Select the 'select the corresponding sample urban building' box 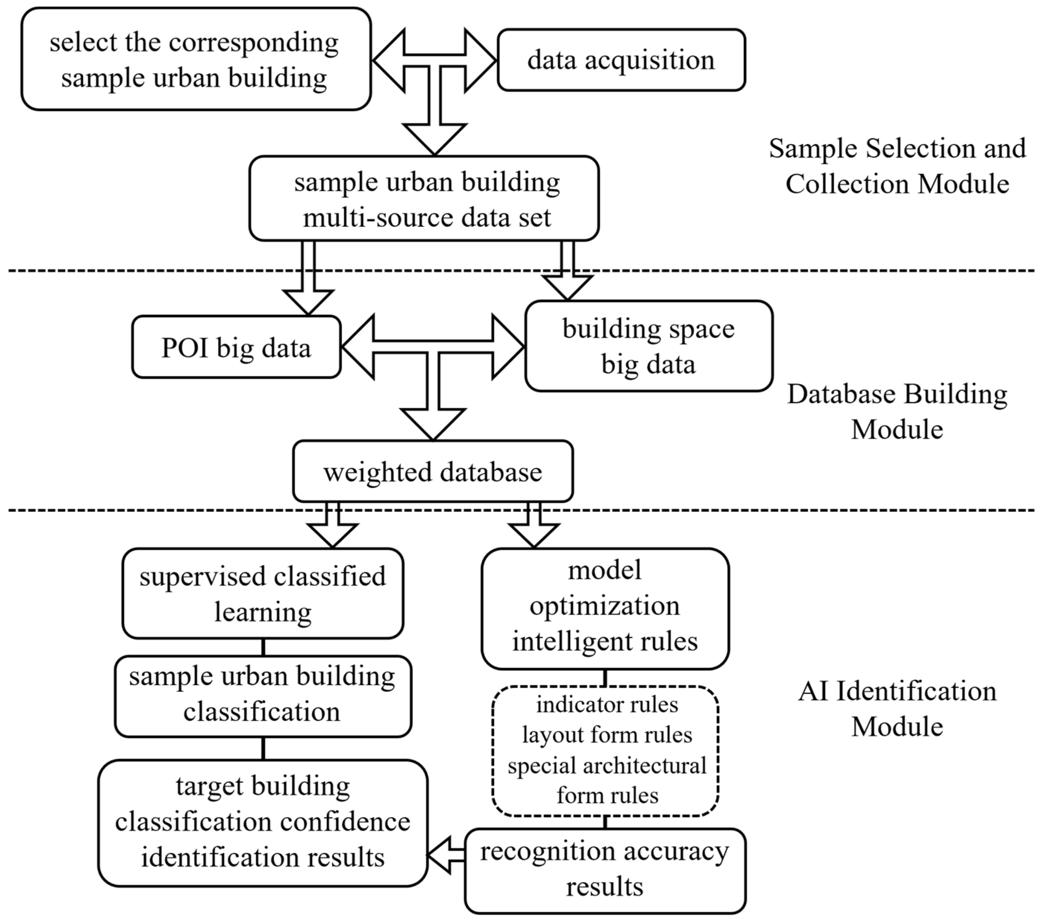coord(196,59)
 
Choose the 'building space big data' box coord(649,346)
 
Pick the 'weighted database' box coord(433,471)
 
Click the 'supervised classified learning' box coord(262,593)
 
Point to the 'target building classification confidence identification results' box coord(262,822)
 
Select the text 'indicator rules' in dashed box coord(607,705)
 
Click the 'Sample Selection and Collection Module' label coord(897,166)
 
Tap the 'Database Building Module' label coord(897,411)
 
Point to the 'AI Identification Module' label coord(897,709)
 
